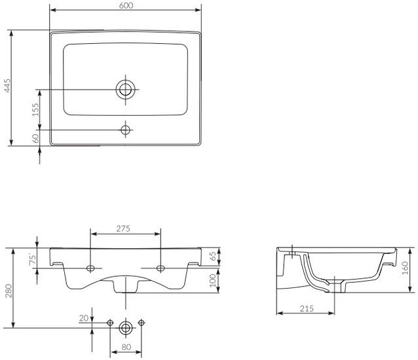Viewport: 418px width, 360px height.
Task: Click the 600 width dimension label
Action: pos(126,5)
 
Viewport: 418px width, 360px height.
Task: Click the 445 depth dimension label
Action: pos(7,86)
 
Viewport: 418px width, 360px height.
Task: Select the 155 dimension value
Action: pos(35,109)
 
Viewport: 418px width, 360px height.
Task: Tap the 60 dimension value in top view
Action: pos(35,138)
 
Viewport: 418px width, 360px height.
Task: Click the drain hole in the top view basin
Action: pos(125,90)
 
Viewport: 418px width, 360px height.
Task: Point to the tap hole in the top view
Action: pos(126,130)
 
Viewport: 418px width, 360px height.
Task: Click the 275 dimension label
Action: pos(123,228)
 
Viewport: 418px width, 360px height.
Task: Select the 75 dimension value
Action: pos(33,260)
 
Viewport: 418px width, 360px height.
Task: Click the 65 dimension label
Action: pos(213,257)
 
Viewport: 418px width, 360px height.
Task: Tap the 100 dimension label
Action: pos(213,280)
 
